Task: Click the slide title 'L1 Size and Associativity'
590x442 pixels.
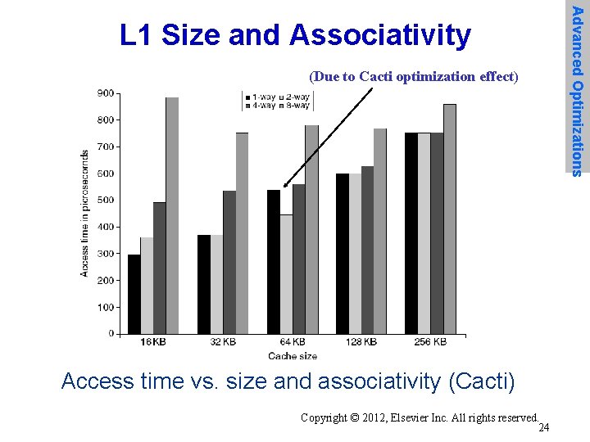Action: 295,35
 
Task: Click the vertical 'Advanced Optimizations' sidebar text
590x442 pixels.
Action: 579,90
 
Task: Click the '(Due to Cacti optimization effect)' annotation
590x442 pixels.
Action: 414,77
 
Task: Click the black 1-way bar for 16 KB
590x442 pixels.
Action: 134,294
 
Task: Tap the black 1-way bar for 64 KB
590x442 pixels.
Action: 274,262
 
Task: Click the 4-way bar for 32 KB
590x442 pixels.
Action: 229,262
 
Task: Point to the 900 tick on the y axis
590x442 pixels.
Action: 106,92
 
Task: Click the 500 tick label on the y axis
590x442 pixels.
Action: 106,200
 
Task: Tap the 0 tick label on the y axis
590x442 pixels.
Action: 111,334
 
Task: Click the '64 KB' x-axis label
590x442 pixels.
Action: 292,342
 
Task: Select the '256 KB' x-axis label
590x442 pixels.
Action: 429,342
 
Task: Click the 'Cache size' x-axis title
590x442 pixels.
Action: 293,356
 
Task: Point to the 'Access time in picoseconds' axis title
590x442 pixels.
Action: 84,213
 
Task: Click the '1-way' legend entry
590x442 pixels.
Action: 262,97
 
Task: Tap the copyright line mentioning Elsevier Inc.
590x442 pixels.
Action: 419,417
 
